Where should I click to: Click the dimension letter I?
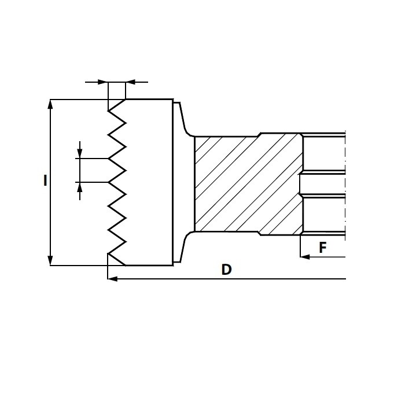pos(45,181)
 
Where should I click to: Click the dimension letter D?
pos(227,270)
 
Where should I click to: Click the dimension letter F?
pos(323,248)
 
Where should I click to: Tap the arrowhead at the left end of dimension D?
pos(112,279)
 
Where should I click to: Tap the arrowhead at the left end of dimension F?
pos(305,257)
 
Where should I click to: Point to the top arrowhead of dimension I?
pos(50,104)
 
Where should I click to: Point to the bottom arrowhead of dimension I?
pos(50,260)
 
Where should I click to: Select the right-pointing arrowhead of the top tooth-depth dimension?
pos(103,82)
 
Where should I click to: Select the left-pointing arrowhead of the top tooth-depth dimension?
pos(130,82)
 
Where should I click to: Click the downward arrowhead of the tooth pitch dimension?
pos(80,153)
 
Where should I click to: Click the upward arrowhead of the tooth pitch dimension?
pos(80,187)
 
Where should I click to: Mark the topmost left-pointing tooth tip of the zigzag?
pos(108,111)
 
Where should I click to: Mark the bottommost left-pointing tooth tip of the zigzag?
pos(108,253)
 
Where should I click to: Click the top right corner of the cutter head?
pos(173,99)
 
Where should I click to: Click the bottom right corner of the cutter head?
pos(173,265)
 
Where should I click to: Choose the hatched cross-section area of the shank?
pos(248,184)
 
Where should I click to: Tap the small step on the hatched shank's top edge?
pos(259,135)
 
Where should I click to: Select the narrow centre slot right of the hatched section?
pos(322,184)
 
